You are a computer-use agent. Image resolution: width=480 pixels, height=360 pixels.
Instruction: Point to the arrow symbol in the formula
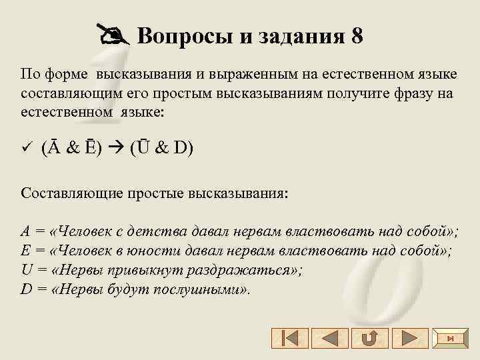[x=112, y=147]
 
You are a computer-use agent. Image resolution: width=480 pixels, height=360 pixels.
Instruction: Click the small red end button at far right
[x=451, y=338]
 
